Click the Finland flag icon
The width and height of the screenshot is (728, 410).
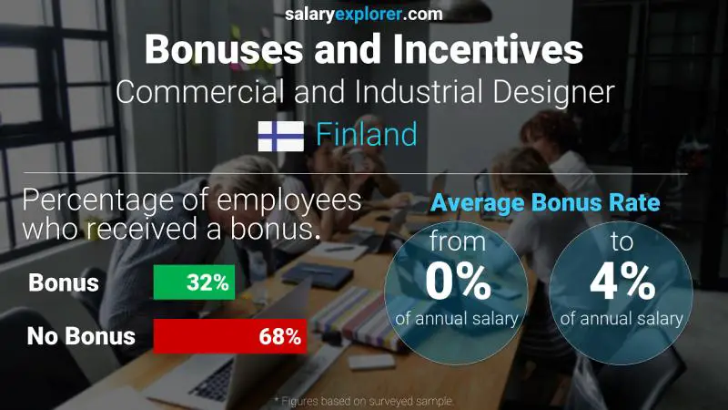280,136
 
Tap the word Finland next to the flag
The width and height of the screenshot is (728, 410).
367,135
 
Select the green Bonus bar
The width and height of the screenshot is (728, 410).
194,282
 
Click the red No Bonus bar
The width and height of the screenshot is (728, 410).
229,336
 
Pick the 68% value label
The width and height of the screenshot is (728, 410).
278,336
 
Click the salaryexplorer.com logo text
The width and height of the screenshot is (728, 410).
364,14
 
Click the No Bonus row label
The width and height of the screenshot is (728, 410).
81,336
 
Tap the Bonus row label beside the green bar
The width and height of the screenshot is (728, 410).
63,282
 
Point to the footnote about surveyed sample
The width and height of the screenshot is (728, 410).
364,401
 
